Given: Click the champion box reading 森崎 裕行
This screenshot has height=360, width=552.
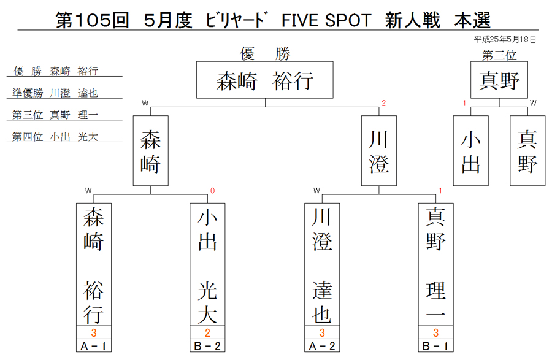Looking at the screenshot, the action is [265, 80].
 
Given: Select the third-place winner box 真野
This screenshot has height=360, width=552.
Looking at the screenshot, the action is [499, 80].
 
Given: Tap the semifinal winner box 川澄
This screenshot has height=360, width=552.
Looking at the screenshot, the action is [379, 151].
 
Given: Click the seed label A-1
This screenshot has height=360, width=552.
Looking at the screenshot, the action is [94, 345].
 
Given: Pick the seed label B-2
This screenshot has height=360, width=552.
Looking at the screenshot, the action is [207, 345].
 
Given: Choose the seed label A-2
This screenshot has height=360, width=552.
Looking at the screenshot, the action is [322, 345].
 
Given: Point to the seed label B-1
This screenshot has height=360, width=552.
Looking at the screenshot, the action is [436, 345].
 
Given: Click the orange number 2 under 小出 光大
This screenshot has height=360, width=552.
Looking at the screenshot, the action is [207, 332].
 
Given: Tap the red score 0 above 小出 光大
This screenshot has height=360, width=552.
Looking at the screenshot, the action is [213, 191].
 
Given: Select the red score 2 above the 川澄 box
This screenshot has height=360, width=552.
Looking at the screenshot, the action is [384, 103].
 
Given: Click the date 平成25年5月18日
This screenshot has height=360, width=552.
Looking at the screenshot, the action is [505, 39].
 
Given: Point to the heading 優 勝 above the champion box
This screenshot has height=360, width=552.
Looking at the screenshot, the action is [265, 54].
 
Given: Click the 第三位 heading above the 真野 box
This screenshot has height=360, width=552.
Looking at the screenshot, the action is [499, 55].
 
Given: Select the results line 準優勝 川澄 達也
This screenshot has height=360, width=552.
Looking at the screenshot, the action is [55, 93].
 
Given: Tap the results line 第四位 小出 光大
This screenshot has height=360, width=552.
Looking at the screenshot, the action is [55, 137].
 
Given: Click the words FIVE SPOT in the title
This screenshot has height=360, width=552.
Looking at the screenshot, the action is [326, 20].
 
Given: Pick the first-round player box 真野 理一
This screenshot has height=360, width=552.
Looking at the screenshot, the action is [436, 264].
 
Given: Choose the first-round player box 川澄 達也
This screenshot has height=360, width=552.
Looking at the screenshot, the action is [322, 264].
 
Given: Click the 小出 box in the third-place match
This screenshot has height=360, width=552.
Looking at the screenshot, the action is [470, 151].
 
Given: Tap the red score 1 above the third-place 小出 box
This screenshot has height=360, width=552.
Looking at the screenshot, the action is [464, 103].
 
